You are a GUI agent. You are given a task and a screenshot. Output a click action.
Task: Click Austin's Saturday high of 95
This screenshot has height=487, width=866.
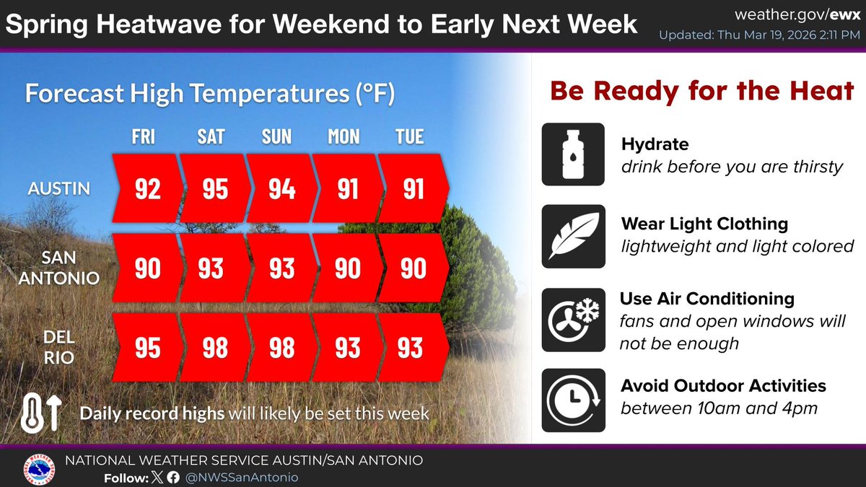[x=214, y=189]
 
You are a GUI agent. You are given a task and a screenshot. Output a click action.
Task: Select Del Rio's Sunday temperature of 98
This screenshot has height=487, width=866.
[x=281, y=348]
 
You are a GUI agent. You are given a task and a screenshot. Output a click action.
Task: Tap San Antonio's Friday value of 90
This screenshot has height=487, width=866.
[x=147, y=268]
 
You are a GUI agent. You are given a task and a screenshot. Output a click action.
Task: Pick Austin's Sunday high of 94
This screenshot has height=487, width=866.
[x=281, y=189]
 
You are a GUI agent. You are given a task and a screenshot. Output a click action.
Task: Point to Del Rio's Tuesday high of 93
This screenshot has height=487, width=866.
[x=410, y=348]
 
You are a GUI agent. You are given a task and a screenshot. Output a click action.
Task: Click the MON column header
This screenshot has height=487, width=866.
[x=344, y=136]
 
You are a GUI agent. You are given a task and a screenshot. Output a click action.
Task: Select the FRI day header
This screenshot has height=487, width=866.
[x=143, y=136]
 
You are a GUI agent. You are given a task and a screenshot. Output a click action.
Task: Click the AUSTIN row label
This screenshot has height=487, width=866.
[x=59, y=189]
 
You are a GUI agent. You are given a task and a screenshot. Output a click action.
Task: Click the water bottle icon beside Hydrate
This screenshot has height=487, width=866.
[x=572, y=154]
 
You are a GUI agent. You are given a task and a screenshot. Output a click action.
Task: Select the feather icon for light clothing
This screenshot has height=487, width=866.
[x=572, y=237]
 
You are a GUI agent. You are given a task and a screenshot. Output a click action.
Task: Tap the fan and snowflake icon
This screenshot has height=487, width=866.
[x=572, y=320]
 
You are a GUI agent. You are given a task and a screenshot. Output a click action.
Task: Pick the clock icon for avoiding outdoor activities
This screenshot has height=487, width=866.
[x=572, y=400]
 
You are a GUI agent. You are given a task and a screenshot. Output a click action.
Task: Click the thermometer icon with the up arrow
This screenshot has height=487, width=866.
[x=44, y=413]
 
